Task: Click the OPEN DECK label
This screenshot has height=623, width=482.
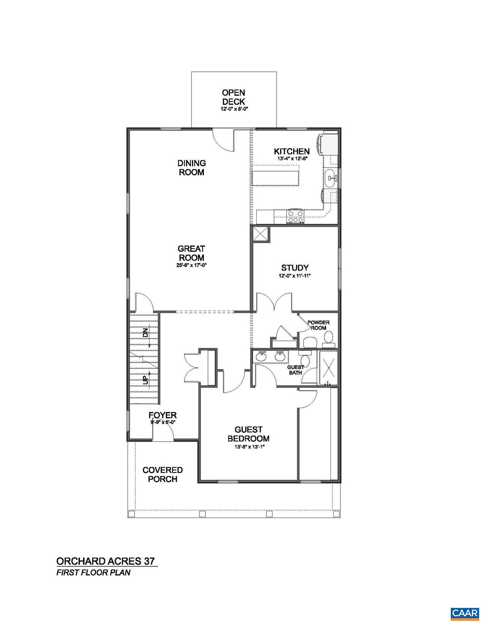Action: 233,97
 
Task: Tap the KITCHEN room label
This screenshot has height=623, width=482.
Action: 292,151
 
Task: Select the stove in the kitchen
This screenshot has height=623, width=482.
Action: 295,216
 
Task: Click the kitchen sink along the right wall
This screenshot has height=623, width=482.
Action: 331,177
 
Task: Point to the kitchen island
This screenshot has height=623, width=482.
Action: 276,178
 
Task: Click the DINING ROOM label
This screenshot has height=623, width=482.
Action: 192,168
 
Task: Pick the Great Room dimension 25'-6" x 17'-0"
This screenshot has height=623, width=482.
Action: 191,265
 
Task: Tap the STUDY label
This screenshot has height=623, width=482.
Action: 295,268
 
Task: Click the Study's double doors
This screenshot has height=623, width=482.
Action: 275,303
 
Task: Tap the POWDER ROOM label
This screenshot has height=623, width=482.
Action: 318,325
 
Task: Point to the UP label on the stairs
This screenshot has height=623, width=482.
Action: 145,380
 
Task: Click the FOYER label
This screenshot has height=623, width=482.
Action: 162,415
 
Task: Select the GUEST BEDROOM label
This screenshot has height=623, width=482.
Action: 249,434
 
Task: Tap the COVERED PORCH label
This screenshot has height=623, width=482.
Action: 162,475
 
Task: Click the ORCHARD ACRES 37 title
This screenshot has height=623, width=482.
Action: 106,561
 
